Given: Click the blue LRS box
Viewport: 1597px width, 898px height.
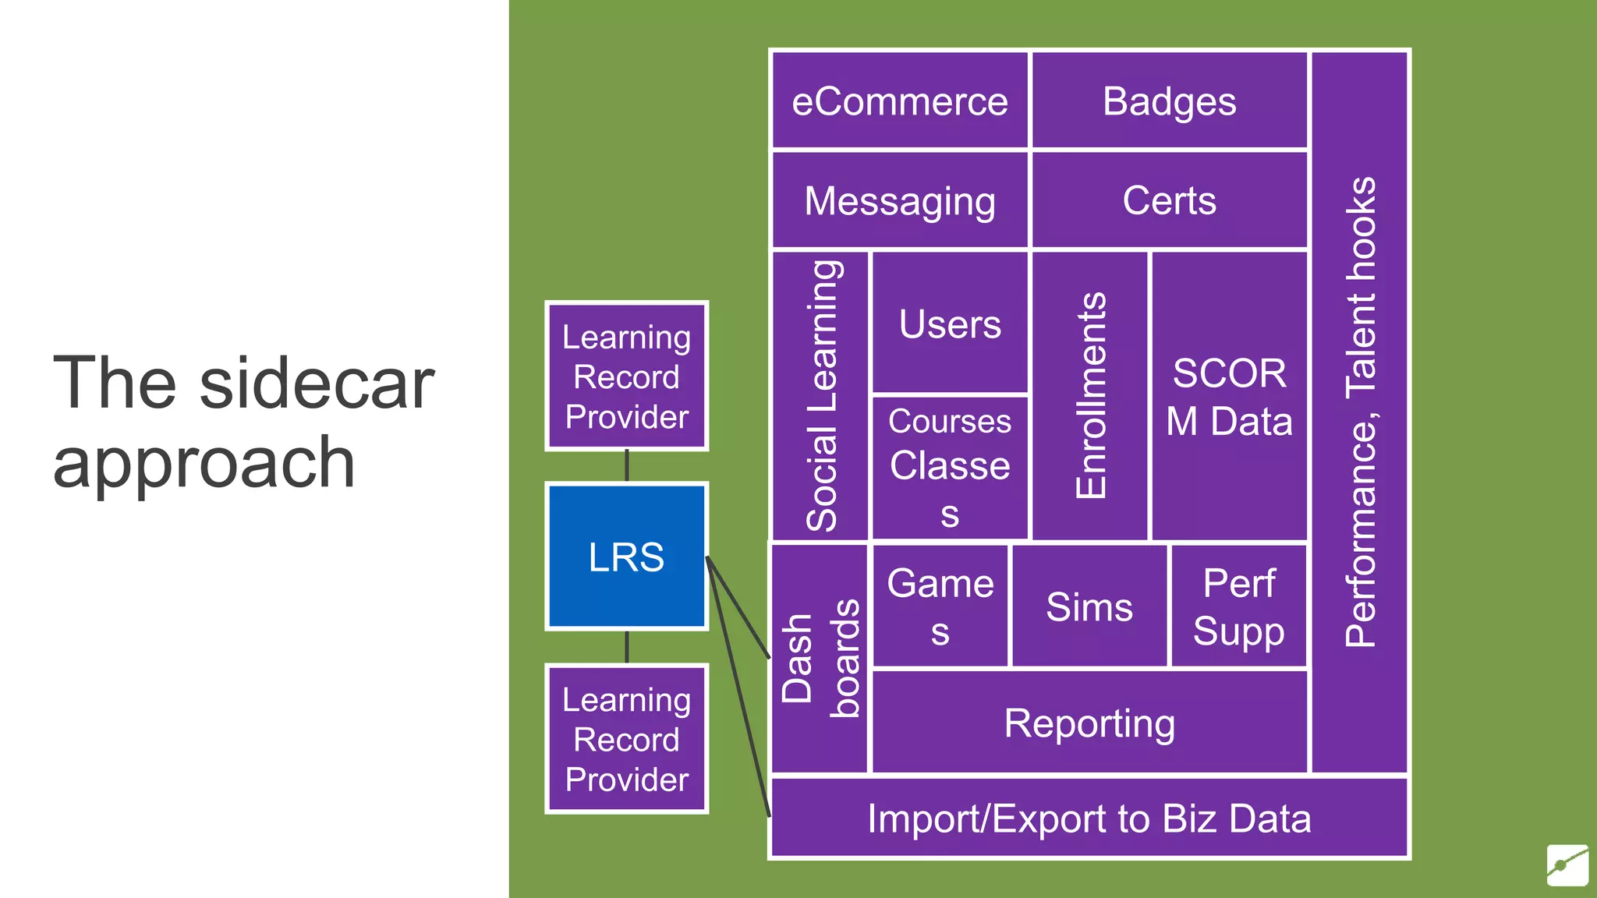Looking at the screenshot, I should pos(626,556).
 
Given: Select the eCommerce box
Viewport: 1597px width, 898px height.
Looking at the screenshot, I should pos(899,101).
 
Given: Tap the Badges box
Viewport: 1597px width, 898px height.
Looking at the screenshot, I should pos(1169,101).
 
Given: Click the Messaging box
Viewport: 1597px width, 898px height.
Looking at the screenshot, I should pos(899,200).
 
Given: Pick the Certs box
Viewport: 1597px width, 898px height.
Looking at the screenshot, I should pos(1169,200).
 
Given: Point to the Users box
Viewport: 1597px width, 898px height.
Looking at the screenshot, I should pos(949,323).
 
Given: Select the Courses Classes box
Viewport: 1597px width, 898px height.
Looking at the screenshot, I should pos(949,467).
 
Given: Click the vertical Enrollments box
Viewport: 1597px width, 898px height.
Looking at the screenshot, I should pos(1089,395).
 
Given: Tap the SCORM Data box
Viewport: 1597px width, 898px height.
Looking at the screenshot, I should pos(1229,395).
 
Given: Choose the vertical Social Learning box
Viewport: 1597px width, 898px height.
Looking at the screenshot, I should pos(820,395).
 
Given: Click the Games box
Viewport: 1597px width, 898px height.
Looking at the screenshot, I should pos(940,606).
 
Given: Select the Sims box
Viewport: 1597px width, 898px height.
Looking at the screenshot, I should pos(1089,606).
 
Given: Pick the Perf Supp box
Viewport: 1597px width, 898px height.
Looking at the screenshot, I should pos(1238,606).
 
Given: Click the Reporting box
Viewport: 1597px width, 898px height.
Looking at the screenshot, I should pos(1089,722).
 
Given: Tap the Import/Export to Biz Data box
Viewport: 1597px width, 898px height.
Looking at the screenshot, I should pos(1089,818).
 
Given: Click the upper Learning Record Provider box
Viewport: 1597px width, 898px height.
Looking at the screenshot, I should pos(626,376).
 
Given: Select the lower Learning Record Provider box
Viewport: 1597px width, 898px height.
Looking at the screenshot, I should pos(626,738).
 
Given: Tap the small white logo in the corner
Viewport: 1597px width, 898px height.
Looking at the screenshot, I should pos(1567,864).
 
